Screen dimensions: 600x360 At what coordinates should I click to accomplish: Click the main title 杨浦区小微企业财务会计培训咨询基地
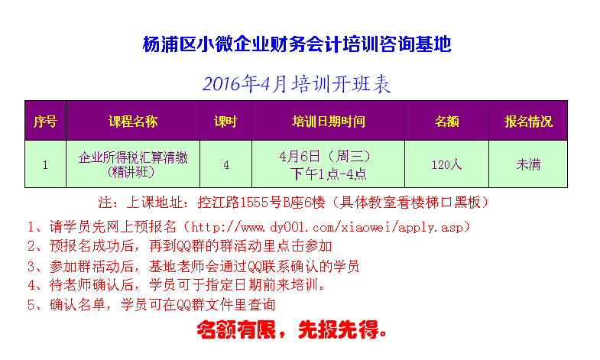[x=297, y=44]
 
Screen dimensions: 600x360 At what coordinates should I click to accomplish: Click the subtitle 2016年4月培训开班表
[x=296, y=84]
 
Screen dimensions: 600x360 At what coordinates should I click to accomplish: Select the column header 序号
[x=45, y=122]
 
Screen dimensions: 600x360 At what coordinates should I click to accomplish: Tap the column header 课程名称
[x=133, y=122]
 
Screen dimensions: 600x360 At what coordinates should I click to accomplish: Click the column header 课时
[x=225, y=122]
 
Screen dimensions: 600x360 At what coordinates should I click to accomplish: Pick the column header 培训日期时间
[x=329, y=122]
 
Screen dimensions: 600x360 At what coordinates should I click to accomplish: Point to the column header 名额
[x=446, y=122]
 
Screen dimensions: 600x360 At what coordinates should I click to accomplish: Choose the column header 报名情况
[x=528, y=122]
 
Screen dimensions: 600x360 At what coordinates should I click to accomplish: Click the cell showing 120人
[x=446, y=164]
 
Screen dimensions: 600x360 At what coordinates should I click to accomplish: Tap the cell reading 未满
[x=528, y=164]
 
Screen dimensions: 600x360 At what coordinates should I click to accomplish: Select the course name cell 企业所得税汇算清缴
[x=133, y=157]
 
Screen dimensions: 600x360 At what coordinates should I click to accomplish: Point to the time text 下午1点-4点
[x=329, y=174]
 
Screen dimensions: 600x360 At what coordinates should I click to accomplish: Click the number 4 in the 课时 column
[x=226, y=165]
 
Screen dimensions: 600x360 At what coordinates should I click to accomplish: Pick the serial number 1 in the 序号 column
[x=45, y=165]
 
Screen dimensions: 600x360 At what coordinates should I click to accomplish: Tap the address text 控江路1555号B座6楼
[x=261, y=202]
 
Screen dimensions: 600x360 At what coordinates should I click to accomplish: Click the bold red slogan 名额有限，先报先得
[x=291, y=329]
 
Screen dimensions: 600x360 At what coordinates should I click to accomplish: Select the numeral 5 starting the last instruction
[x=31, y=305]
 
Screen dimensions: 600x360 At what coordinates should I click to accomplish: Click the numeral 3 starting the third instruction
[x=31, y=266]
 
